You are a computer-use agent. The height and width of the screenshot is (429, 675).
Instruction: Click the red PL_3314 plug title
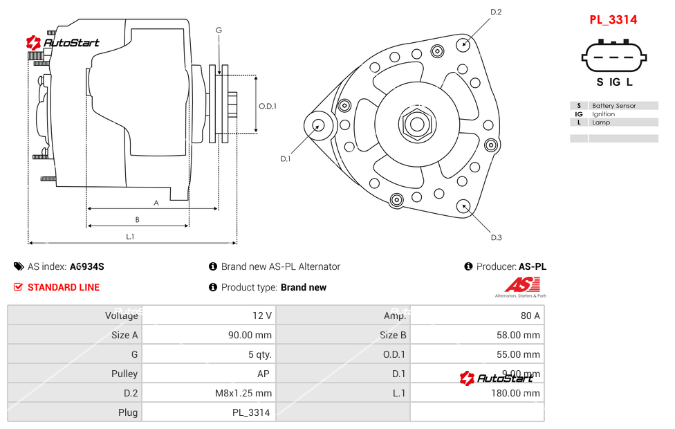pos(613,19)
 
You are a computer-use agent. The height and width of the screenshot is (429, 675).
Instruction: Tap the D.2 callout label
pos(495,12)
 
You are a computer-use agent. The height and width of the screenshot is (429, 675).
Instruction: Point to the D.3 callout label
pos(495,237)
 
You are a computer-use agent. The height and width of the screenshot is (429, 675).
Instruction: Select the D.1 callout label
pos(285,158)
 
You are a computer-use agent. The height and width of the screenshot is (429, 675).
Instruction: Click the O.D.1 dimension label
pos(267,106)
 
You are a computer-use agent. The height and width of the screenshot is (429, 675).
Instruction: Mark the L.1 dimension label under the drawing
pos(130,237)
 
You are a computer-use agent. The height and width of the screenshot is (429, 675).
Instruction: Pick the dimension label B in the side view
pos(137,219)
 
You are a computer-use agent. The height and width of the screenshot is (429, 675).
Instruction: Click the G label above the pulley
pos(219,30)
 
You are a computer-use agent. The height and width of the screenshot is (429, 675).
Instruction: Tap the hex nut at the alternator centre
pos(416,125)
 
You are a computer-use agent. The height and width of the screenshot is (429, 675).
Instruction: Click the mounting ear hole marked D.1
pos(319,125)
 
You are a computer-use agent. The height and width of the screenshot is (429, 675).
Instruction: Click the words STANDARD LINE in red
pos(64,287)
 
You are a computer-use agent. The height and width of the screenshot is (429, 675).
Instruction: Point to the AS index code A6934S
pos(86,266)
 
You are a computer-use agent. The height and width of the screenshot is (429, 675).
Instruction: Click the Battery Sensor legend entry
pos(613,106)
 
